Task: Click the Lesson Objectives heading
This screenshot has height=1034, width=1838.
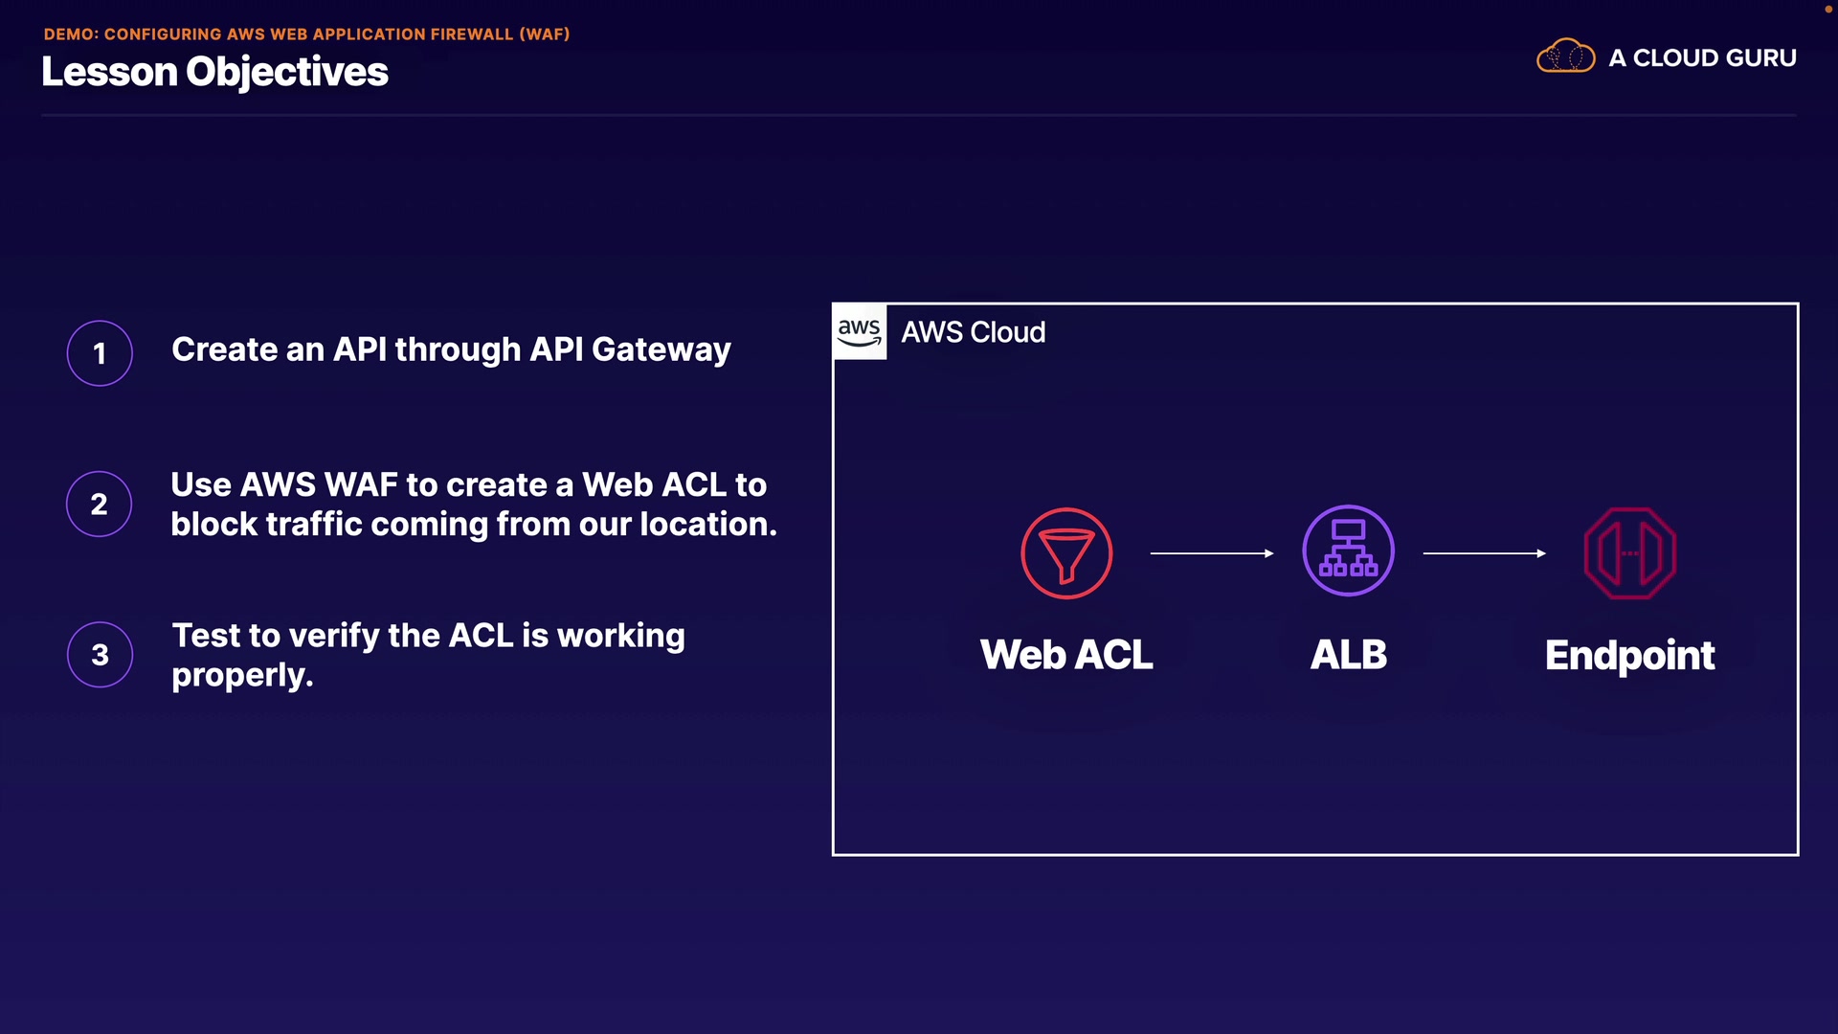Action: coord(214,72)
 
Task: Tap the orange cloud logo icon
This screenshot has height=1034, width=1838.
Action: coord(1565,56)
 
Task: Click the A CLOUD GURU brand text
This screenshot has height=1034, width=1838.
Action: coord(1702,58)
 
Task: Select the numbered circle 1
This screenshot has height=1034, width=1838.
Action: coord(100,353)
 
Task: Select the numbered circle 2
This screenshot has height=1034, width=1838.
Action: coord(100,504)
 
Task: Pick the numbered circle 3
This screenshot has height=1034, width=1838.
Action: coord(100,655)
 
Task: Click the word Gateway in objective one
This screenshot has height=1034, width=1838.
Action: coord(661,351)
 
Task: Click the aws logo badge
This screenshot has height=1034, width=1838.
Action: coord(860,332)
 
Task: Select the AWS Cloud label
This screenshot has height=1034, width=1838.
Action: coord(973,332)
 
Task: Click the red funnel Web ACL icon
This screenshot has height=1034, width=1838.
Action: coord(1066,553)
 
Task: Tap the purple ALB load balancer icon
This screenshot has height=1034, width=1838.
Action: coord(1348,551)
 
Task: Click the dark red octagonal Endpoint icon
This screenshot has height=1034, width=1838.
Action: coord(1630,553)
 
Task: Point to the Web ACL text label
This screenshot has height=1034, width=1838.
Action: coord(1066,655)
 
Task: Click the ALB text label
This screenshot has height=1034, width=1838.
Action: coord(1348,655)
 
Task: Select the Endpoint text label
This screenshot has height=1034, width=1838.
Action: coord(1629,657)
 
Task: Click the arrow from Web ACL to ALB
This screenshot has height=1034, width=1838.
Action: coord(1212,553)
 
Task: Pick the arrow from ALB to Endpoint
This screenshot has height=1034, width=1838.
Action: coord(1485,553)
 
